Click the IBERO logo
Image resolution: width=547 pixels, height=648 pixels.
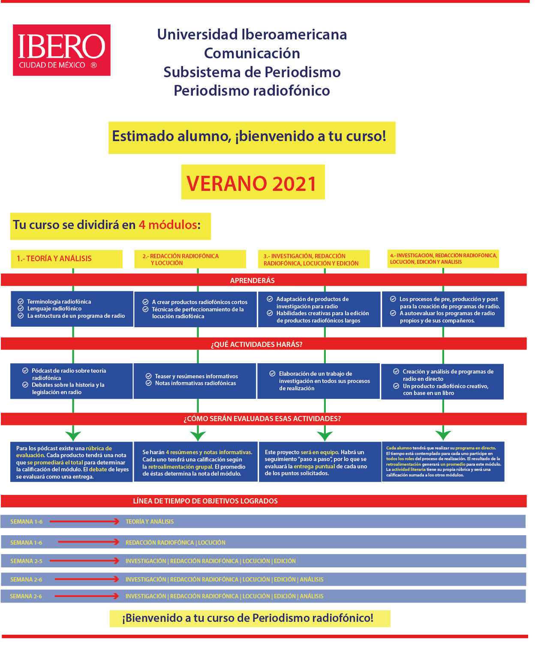[61, 50]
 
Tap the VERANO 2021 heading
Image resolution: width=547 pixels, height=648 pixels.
[252, 184]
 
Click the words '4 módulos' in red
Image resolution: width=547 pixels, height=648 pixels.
[168, 225]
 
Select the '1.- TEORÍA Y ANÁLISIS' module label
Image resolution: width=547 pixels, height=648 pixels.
[54, 259]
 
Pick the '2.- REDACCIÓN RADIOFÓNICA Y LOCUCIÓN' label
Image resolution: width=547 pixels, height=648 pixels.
[180, 259]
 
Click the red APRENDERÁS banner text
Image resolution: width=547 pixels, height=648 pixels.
[252, 280]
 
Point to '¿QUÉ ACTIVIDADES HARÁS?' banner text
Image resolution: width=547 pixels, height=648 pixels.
[256, 344]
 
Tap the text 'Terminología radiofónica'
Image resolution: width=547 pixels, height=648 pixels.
[59, 301]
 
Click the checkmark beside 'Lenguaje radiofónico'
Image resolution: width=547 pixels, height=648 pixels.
[21, 308]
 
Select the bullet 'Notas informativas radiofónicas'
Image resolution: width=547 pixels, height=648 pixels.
[195, 383]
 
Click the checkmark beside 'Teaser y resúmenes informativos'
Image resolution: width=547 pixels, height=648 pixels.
[148, 376]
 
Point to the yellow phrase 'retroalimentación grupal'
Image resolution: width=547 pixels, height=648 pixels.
[180, 467]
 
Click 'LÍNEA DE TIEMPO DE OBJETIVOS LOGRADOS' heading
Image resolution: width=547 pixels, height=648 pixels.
[205, 501]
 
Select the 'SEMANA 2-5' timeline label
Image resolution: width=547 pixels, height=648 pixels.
[26, 561]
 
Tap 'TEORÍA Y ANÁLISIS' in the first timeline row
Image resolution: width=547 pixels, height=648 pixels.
[150, 521]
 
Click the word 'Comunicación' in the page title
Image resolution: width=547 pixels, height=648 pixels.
[252, 53]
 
